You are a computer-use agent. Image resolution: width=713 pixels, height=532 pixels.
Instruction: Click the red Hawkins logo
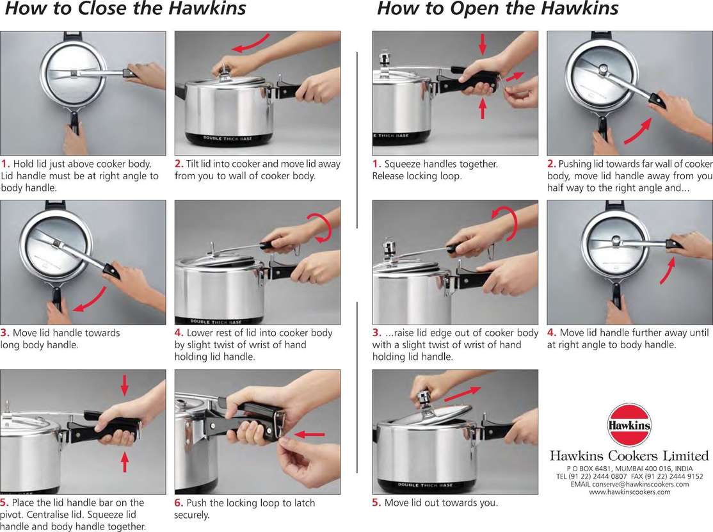pyautogui.click(x=629, y=425)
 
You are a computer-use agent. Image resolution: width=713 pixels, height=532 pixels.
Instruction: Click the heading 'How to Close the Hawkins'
pyautogui.click(x=125, y=8)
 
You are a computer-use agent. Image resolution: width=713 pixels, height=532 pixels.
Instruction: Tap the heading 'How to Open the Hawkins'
pyautogui.click(x=498, y=8)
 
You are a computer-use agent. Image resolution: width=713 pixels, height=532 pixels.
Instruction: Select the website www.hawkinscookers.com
pyautogui.click(x=629, y=492)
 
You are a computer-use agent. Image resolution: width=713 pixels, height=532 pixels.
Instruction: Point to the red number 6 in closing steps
pyautogui.click(x=178, y=503)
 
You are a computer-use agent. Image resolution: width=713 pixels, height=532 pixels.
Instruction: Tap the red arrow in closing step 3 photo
pyautogui.click(x=91, y=299)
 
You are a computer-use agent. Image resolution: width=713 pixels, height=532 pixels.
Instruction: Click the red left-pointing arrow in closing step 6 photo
pyautogui.click(x=310, y=435)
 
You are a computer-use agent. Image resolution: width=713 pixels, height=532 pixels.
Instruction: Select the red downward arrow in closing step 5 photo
pyautogui.click(x=125, y=385)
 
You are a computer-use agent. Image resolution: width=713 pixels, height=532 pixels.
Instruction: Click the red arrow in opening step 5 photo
pyautogui.click(x=462, y=393)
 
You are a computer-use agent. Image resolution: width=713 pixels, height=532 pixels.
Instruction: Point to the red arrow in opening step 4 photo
pyautogui.click(x=668, y=270)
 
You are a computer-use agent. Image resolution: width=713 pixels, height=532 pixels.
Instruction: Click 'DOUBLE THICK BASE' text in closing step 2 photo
pyautogui.click(x=227, y=138)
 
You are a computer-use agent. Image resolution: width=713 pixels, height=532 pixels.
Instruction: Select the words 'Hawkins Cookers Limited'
pyautogui.click(x=629, y=456)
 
